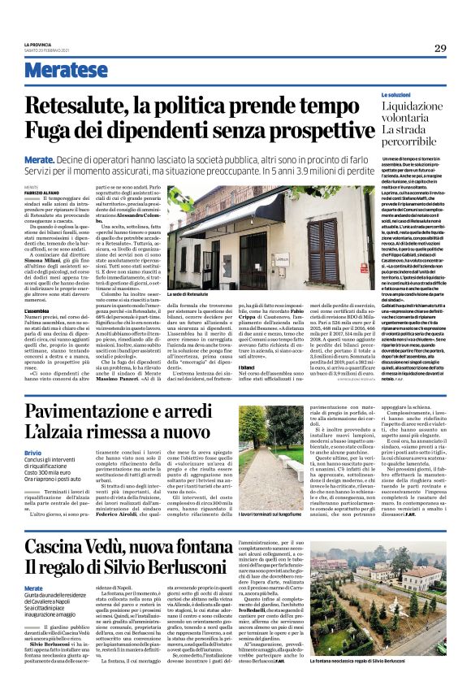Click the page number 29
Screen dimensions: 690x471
[x=440, y=48]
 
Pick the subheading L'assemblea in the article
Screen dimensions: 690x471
[x=37, y=310]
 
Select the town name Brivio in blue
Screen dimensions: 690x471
[x=33, y=450]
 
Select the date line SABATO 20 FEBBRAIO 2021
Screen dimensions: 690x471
[x=49, y=50]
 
